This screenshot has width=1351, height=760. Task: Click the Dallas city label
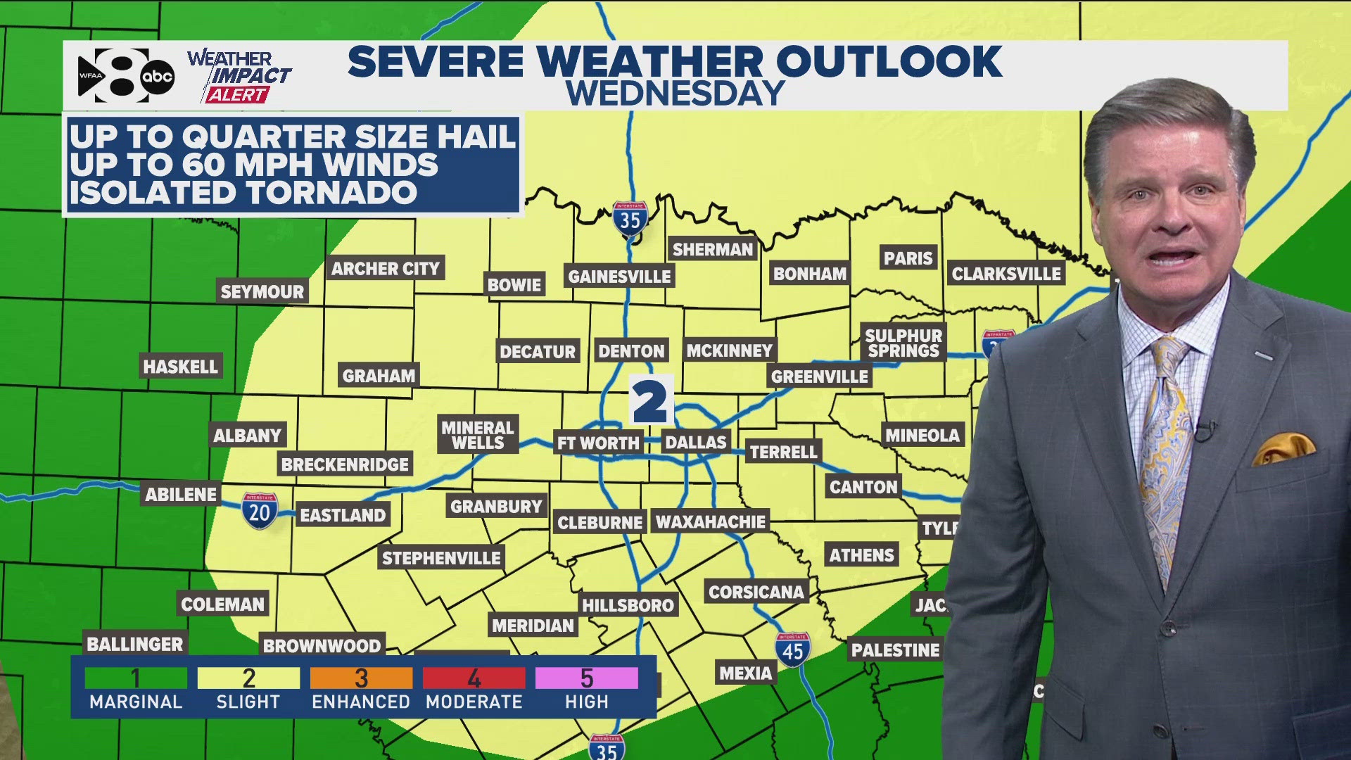(695, 442)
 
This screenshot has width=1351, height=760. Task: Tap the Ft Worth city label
(598, 443)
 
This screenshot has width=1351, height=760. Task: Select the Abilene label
(181, 494)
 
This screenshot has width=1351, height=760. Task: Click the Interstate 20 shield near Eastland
(260, 510)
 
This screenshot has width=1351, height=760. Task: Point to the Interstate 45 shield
(792, 650)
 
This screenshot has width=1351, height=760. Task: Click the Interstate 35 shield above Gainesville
(630, 218)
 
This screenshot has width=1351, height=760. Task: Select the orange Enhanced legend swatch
(361, 678)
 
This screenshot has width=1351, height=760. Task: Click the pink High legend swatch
(586, 678)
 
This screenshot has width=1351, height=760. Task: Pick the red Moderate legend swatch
(474, 678)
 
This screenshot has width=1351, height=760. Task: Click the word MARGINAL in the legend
(136, 702)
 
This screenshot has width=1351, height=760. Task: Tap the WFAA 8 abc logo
(125, 75)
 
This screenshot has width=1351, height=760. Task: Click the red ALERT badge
(237, 94)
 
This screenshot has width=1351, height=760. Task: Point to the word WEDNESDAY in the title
(675, 94)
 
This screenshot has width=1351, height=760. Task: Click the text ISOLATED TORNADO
(243, 193)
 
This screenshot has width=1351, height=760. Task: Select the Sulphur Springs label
(903, 343)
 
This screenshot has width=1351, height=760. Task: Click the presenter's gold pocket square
(1283, 449)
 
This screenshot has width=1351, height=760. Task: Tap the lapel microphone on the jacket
(1204, 429)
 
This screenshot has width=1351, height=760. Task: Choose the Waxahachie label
(710, 521)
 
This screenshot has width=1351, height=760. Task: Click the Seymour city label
(262, 291)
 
